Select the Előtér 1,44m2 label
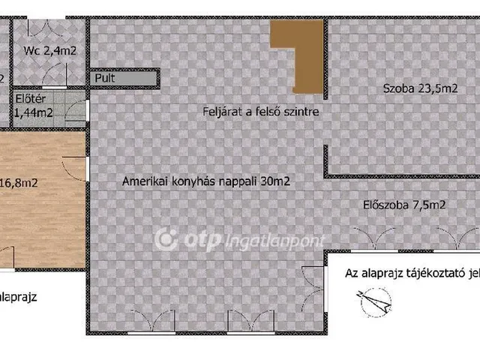point(34,106)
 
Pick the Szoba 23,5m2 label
point(420,88)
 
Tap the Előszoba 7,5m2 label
point(404,203)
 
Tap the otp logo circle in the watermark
point(165,239)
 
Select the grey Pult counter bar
point(124,76)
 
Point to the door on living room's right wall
point(310,280)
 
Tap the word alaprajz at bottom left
point(19,296)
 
